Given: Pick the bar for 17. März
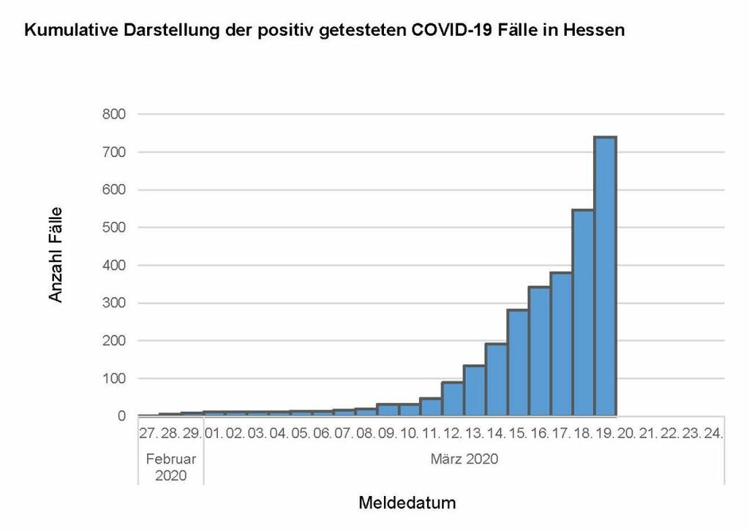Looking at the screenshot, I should click(562, 344).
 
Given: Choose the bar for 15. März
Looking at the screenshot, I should click(519, 363).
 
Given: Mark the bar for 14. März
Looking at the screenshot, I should click(497, 380).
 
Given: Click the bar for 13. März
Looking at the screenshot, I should click(475, 391).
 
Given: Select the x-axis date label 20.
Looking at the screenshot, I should click(627, 433).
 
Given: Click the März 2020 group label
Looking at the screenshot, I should click(464, 459).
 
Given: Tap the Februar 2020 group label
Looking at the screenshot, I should click(170, 467).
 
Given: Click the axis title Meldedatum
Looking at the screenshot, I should click(407, 503).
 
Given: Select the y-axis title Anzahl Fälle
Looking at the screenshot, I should click(56, 254).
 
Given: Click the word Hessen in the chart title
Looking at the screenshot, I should click(590, 31).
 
